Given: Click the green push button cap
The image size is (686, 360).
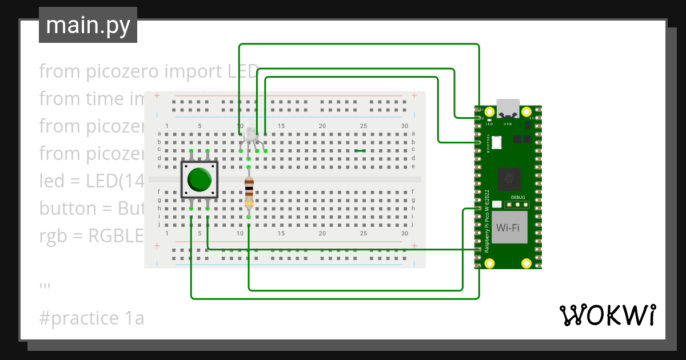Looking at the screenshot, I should [200, 179].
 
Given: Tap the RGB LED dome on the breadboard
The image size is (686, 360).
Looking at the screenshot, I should [250, 132].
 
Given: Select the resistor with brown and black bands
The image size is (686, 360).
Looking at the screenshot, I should [249, 191].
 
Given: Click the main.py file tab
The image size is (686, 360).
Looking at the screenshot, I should [87, 25].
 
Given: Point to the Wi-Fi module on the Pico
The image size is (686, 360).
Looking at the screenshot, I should [508, 227].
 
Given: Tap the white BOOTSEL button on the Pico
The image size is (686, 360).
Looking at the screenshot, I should [496, 142].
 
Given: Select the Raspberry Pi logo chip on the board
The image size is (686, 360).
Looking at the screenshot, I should [508, 179].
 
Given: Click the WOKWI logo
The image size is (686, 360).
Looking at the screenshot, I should [607, 315].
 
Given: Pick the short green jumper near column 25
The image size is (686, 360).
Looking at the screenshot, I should [360, 151].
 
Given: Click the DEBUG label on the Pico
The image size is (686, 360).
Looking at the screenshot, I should [517, 197].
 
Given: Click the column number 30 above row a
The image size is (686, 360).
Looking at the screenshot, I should [405, 126].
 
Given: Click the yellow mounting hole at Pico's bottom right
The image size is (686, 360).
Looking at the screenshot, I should [526, 263].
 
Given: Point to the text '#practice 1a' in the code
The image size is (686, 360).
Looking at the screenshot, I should [91, 318].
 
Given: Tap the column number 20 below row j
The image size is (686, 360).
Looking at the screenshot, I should [322, 234].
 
